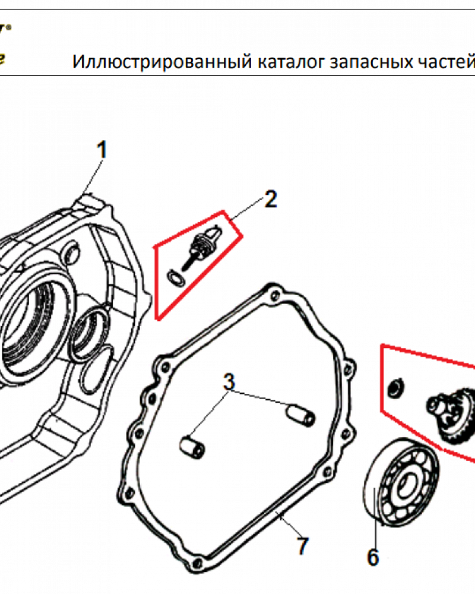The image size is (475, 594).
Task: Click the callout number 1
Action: tap(102, 150)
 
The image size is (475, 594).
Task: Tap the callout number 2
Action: tap(270, 199)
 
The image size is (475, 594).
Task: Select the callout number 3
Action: tap(230, 382)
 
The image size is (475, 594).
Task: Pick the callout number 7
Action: tap(303, 545)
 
